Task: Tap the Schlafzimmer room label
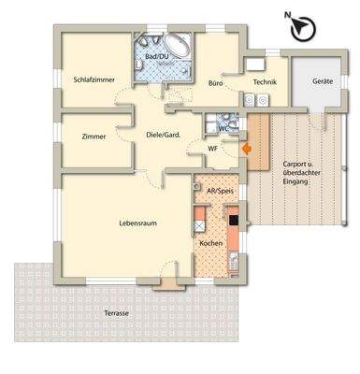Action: pos(94,79)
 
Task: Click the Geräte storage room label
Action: pos(322,80)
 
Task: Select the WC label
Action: pos(223,128)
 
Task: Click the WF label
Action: pos(213,148)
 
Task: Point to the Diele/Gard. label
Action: pos(165,134)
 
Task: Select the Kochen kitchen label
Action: pos(212,243)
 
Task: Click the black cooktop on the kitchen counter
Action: pos(234,223)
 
